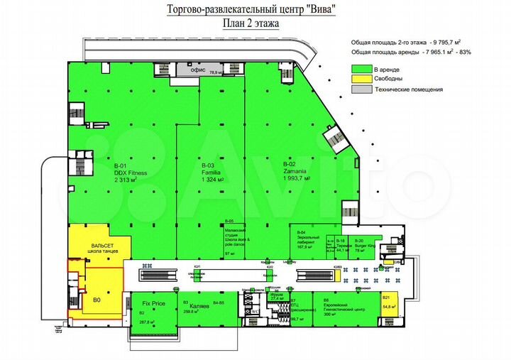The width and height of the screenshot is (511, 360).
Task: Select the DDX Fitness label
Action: click(x=131, y=173)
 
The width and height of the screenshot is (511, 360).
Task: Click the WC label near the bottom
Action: click(x=254, y=312)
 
